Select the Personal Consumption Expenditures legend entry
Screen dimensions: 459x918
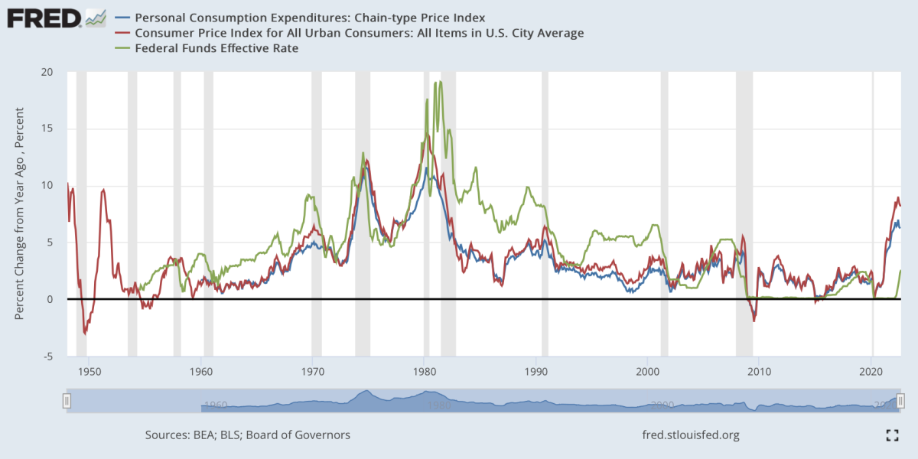[x=310, y=17]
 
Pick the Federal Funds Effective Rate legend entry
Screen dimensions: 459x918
[x=216, y=48]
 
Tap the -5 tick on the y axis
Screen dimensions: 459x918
[x=47, y=356]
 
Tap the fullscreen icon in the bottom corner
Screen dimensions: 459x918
[x=891, y=435]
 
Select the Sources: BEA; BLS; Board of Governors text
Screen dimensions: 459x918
[x=248, y=435]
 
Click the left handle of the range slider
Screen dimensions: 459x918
[x=67, y=400]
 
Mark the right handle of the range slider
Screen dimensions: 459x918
[x=900, y=400]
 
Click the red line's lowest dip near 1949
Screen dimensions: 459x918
[x=85, y=334]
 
